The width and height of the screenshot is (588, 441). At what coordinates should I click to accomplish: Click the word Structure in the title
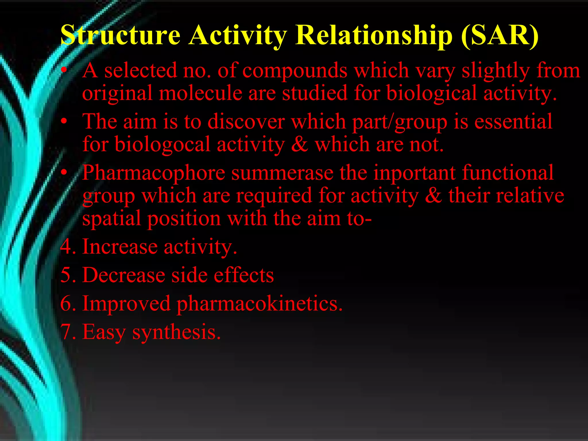click(120, 35)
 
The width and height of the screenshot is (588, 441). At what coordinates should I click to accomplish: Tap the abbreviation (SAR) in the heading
click(500, 35)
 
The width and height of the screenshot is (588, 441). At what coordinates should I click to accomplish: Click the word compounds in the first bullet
click(295, 71)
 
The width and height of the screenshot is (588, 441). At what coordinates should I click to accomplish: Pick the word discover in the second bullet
click(246, 121)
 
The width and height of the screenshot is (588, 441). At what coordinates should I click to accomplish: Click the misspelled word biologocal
click(163, 144)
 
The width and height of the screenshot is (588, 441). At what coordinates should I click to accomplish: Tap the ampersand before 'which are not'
click(299, 144)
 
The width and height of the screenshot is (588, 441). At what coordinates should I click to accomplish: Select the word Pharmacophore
click(154, 173)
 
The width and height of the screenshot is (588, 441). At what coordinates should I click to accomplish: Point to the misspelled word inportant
click(414, 173)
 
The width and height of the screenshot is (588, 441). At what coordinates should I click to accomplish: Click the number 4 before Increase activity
click(66, 247)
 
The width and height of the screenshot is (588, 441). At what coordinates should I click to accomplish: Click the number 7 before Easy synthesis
click(66, 332)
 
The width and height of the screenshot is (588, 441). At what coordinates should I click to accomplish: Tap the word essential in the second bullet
click(513, 121)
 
